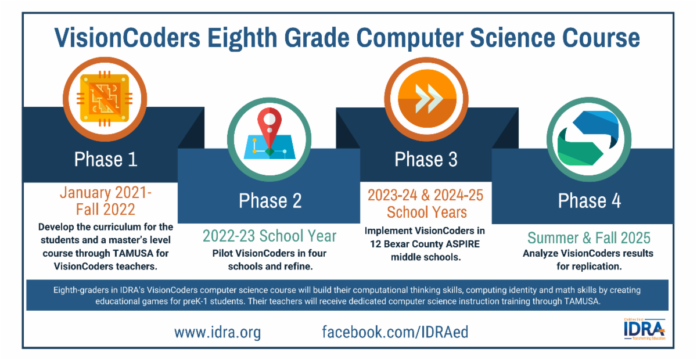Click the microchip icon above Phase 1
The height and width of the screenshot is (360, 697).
point(105,99)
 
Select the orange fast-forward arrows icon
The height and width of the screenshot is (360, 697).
point(427,99)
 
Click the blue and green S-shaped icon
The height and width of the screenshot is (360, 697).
point(588,138)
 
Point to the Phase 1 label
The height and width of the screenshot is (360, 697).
point(106,159)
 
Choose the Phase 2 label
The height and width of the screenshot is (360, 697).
point(270,200)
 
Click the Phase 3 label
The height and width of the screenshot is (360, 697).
point(426,159)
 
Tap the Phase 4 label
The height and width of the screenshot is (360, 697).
point(590,201)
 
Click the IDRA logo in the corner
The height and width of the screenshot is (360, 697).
point(644,329)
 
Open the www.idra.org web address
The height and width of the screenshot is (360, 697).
point(217,332)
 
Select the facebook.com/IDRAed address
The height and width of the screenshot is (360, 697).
point(395,332)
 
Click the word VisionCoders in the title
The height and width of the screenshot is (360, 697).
point(127,38)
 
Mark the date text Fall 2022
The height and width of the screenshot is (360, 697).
point(106,210)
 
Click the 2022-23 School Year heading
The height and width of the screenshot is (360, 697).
point(270,236)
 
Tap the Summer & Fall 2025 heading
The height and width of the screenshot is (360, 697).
point(589,238)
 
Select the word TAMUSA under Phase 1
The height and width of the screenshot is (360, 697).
point(133,253)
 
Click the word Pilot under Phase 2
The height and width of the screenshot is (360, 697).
point(222,253)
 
